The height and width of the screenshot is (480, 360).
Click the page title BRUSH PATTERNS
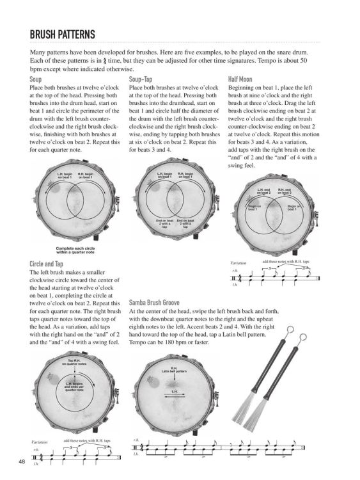tap(62, 33)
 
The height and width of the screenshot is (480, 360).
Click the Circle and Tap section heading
tap(54, 264)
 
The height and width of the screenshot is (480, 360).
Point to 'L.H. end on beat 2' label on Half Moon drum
tap(264, 191)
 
